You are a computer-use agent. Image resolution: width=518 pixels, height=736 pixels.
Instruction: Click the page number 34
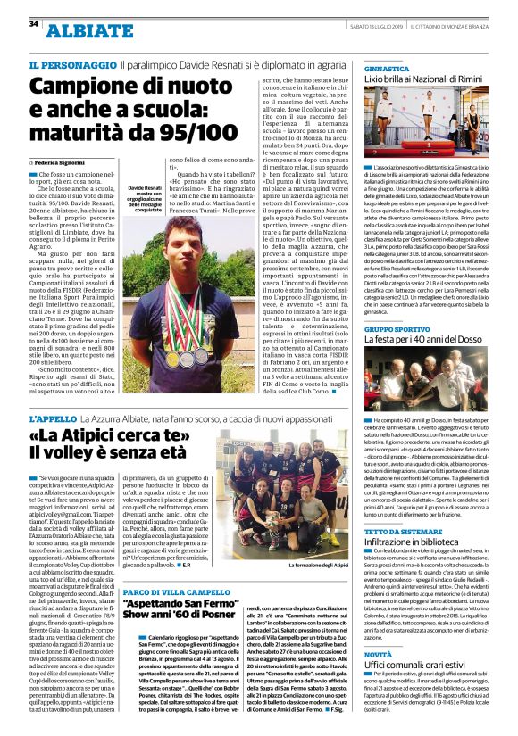(x=34, y=23)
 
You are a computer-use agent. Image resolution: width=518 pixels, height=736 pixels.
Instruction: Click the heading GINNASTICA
(x=388, y=68)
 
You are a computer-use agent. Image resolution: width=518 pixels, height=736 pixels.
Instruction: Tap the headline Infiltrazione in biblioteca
(x=419, y=543)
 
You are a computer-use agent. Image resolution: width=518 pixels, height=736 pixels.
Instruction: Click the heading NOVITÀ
(x=378, y=654)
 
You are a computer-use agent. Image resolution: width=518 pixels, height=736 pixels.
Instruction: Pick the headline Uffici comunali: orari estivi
(x=416, y=666)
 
